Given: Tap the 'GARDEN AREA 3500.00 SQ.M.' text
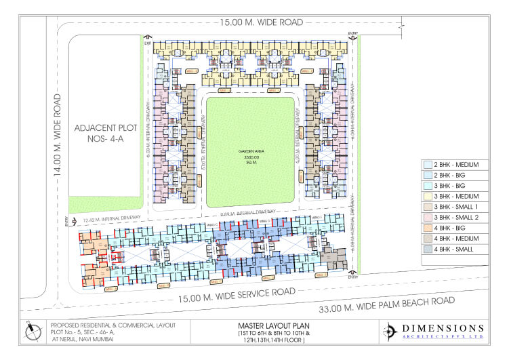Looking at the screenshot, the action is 249,157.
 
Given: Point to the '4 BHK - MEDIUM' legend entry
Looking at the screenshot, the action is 455,239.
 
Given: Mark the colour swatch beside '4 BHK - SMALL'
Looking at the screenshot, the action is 428,249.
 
